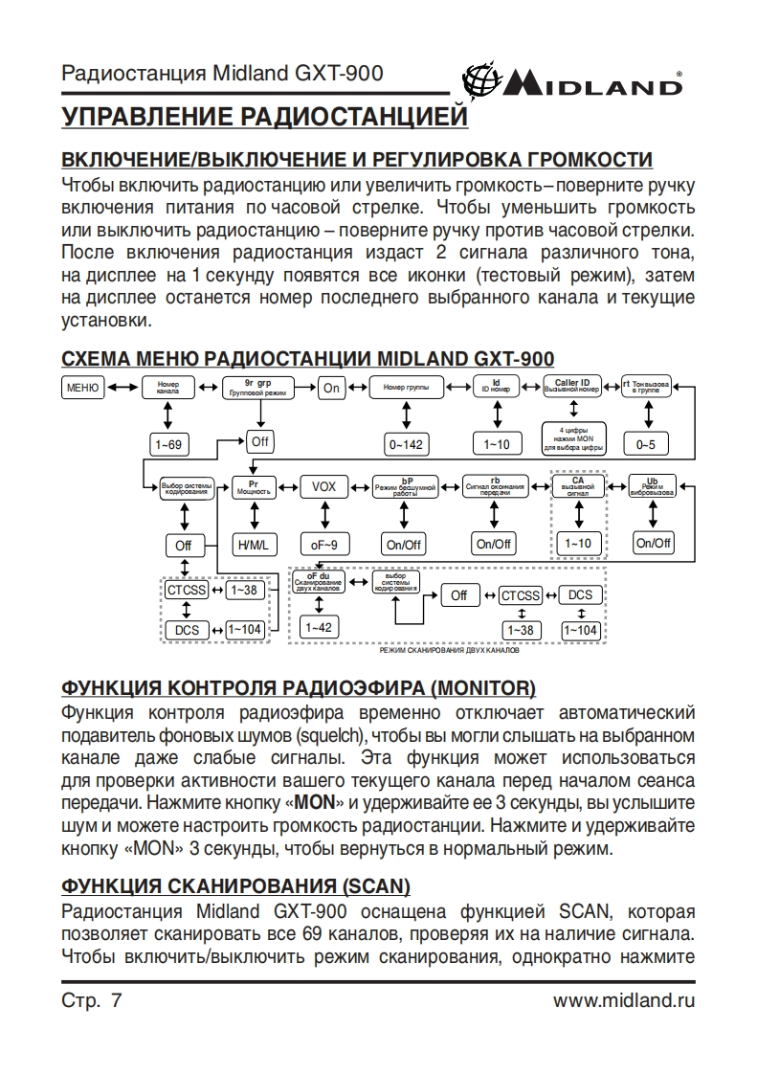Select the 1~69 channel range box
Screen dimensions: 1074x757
point(168,443)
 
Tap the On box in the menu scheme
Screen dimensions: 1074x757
point(331,388)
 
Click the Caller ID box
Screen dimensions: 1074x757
point(571,387)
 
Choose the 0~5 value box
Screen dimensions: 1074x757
point(647,444)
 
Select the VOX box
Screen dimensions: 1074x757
point(324,486)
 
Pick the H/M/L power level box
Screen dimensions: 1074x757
point(254,545)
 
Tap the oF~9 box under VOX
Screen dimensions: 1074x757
point(324,545)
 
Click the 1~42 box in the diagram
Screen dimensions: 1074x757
point(316,628)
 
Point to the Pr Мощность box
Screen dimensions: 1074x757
point(254,487)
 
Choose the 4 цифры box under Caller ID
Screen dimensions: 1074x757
point(571,438)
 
